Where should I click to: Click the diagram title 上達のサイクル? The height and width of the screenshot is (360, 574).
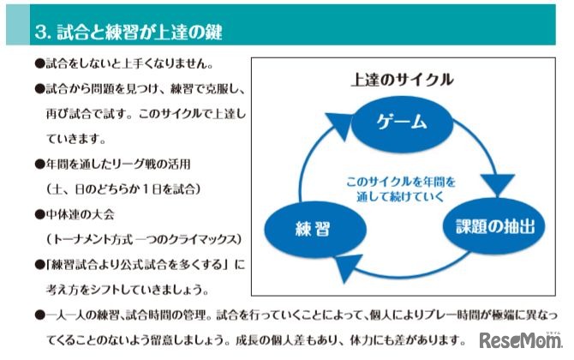tap(402, 79)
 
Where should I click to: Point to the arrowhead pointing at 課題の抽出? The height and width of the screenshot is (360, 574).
tap(495, 183)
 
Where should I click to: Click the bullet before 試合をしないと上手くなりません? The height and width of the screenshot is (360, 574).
tap(39, 64)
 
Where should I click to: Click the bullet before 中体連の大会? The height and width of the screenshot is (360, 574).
tap(39, 213)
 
